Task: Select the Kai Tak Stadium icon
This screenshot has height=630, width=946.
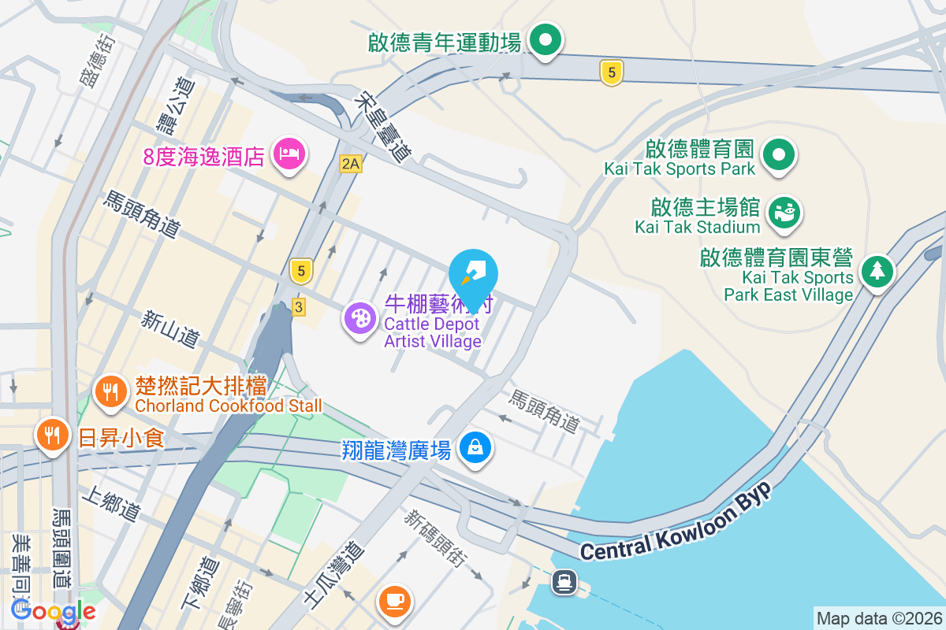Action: click(783, 212)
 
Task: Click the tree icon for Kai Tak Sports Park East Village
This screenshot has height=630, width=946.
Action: click(876, 271)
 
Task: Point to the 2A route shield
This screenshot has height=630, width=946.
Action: click(351, 164)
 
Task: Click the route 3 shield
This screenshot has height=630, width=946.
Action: click(298, 308)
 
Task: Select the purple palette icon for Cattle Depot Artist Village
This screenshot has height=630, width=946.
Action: click(359, 318)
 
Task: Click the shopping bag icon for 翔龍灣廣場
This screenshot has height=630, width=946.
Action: click(475, 447)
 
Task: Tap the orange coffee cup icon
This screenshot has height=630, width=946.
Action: click(394, 601)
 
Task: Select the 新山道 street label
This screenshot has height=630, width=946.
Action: click(170, 329)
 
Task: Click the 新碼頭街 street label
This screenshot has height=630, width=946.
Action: click(434, 539)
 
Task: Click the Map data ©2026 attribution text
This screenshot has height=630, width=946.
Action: click(878, 618)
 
